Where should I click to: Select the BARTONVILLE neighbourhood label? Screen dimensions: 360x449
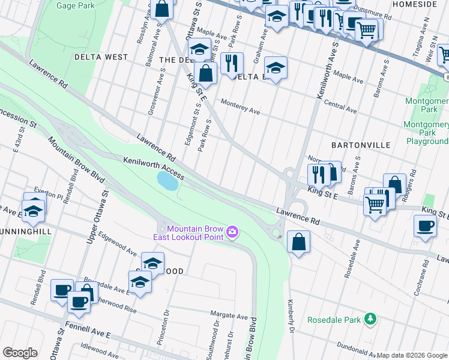(x=360, y=145)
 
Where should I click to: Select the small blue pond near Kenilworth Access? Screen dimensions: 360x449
(x=167, y=181)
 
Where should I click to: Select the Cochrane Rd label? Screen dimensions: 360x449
(x=418, y=284)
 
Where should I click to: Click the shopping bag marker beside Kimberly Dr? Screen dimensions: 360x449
(x=298, y=242)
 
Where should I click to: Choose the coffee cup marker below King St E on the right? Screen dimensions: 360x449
(x=425, y=226)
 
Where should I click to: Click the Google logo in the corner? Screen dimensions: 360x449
(x=20, y=353)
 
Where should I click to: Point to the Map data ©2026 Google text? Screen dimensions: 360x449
(x=412, y=355)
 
